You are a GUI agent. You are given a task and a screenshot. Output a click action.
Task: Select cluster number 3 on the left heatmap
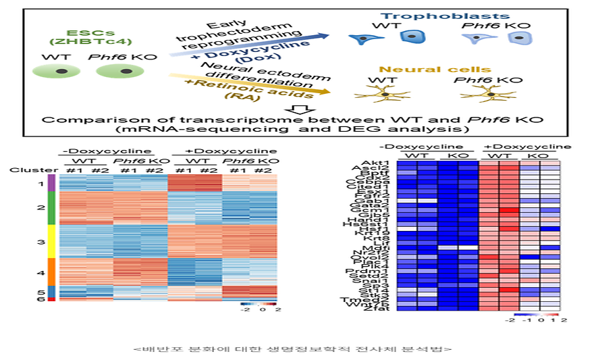(41, 241)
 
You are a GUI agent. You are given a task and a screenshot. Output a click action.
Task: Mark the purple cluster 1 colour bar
(51, 184)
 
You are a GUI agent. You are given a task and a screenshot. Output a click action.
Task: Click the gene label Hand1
(377, 220)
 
